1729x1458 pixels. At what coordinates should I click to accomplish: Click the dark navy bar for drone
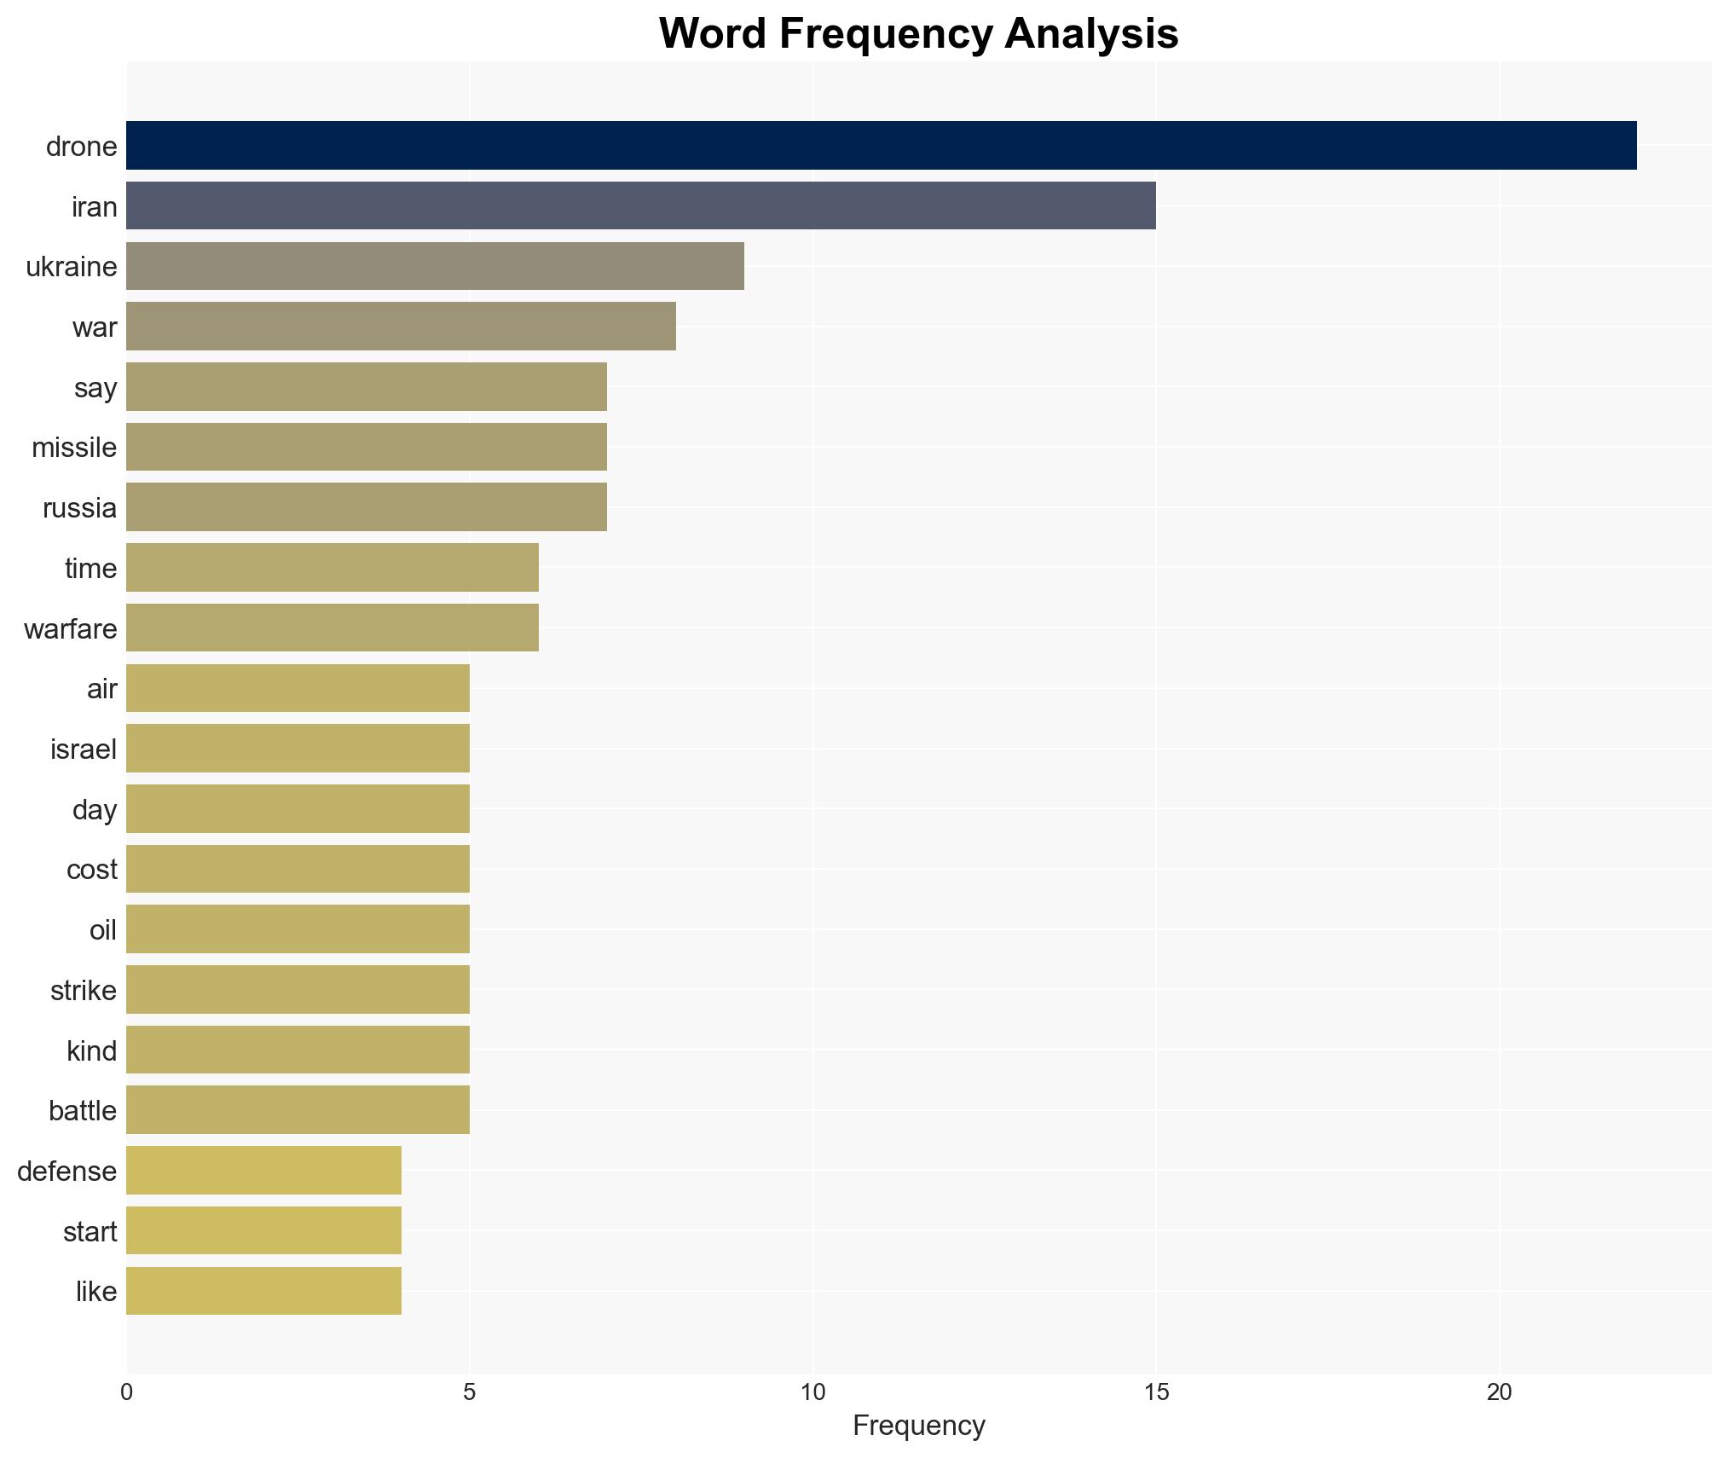[x=881, y=146]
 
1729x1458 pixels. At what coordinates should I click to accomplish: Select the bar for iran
[x=640, y=205]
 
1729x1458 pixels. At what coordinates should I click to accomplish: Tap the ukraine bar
[x=435, y=266]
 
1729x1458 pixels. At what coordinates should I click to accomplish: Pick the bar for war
[x=401, y=327]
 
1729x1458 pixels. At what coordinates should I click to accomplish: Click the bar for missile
[x=367, y=447]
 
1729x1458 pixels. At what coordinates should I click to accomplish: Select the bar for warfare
[x=332, y=628]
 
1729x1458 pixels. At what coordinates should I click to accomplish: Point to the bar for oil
[x=298, y=929]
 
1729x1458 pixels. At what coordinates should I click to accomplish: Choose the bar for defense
[x=263, y=1171]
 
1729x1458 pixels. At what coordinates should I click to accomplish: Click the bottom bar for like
[x=263, y=1291]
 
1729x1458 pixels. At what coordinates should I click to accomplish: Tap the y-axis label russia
[x=79, y=508]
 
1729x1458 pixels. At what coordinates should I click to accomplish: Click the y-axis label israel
[x=83, y=749]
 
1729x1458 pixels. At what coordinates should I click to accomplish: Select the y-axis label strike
[x=83, y=991]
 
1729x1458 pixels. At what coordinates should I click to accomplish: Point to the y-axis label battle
[x=82, y=1111]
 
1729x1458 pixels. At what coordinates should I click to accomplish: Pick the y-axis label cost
[x=91, y=870]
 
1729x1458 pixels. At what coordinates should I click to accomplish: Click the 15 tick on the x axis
[x=1155, y=1392]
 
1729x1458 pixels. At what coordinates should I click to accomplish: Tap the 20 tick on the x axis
[x=1499, y=1392]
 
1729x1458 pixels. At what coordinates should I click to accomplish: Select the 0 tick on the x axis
[x=126, y=1392]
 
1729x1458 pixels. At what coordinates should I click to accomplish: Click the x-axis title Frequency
[x=918, y=1426]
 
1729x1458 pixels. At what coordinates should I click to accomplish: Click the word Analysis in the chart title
[x=1091, y=34]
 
